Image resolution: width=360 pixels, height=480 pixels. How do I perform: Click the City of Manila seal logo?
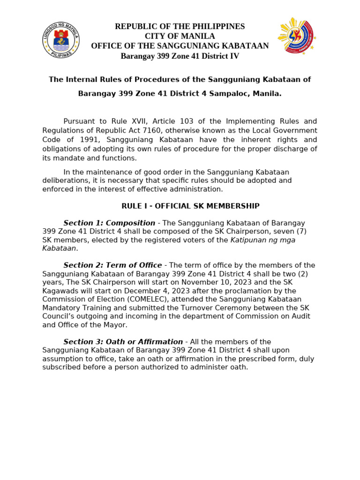pyautogui.click(x=60, y=39)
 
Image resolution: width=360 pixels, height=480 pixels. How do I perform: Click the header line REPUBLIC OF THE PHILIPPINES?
pyautogui.click(x=180, y=27)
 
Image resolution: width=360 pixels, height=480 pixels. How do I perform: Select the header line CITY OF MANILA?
pyautogui.click(x=180, y=37)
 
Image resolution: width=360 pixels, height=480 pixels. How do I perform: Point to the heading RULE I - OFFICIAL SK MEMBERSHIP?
pyautogui.click(x=190, y=206)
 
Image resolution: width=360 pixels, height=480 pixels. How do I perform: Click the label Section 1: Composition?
pyautogui.click(x=109, y=223)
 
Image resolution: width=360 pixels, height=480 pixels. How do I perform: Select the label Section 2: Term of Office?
pyautogui.click(x=112, y=265)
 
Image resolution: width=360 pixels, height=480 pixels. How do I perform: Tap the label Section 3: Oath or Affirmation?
pyautogui.click(x=123, y=342)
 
